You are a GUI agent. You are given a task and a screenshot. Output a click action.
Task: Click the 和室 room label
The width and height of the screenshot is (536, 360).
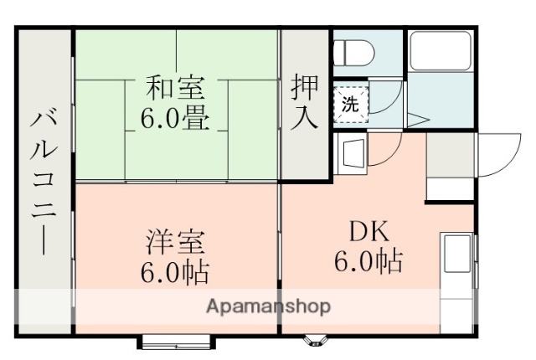point(176,86)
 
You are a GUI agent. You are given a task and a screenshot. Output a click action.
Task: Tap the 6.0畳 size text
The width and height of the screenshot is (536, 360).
point(176,116)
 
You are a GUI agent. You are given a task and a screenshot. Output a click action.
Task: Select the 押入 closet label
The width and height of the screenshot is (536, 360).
point(305,100)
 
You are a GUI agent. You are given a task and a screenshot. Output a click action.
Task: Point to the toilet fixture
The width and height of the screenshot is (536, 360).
point(353,53)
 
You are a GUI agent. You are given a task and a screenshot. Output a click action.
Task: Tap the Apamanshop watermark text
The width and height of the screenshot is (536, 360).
point(268,306)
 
